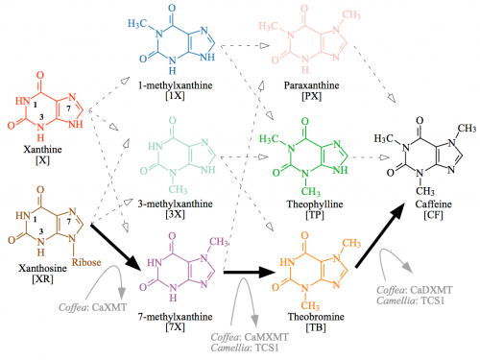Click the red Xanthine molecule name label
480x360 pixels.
[x=36, y=151]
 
